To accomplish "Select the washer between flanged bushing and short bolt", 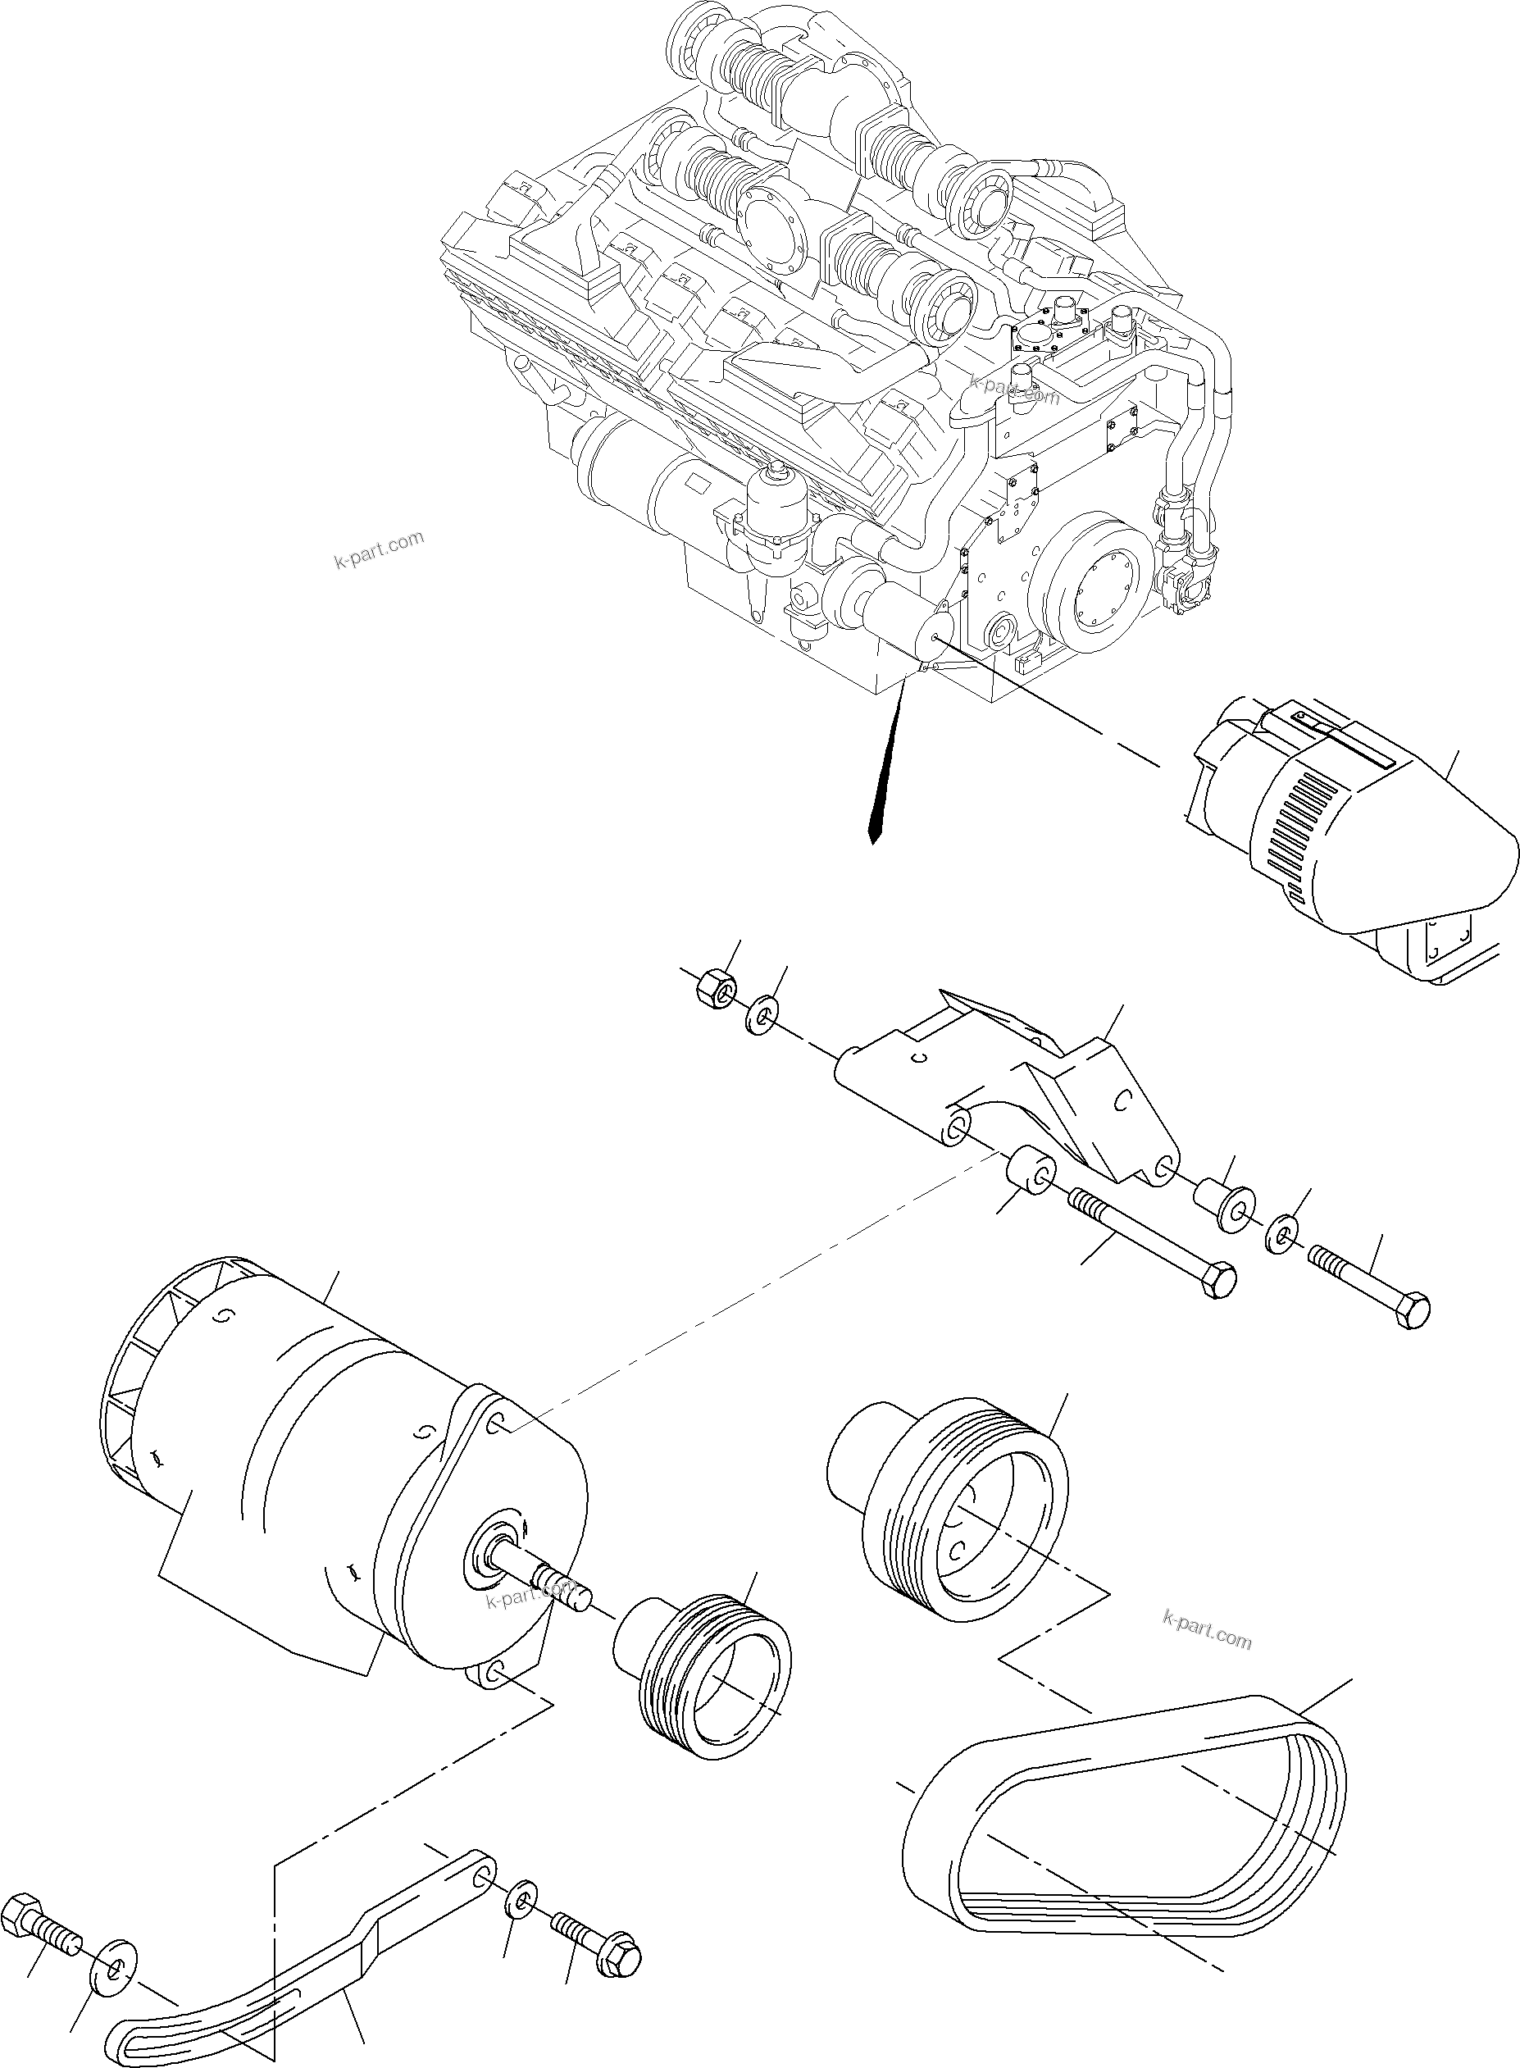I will tap(1281, 1234).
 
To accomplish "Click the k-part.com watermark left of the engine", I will tap(378, 549).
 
